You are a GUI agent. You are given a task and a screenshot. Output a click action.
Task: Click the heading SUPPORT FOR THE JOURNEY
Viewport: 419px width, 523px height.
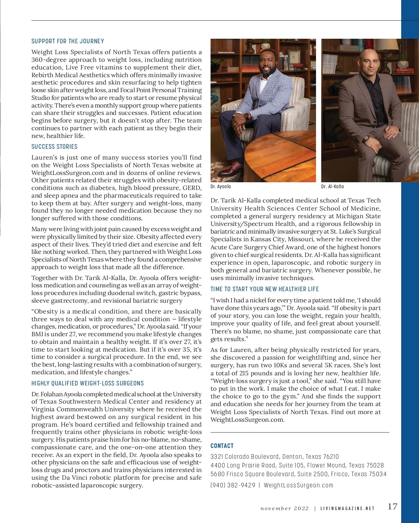pos(68,41)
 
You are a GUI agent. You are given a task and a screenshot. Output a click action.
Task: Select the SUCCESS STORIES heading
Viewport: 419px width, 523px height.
pos(54,147)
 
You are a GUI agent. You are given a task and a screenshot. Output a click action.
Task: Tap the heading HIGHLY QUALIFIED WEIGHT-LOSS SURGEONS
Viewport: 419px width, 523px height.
pos(88,383)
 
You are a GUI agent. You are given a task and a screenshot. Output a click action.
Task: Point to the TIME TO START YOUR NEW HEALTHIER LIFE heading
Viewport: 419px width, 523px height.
pos(265,289)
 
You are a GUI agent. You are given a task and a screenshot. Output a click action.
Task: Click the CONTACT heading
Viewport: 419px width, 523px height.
pos(222,446)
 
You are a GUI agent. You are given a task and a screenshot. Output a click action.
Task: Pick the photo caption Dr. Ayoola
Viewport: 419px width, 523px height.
pos(221,186)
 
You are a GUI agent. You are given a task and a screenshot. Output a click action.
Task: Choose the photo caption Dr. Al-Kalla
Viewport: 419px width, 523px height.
pos(332,186)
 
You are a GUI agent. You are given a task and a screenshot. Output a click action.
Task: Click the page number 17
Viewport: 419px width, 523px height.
pos(392,507)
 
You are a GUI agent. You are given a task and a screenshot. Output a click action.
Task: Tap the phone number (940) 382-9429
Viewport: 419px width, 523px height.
pos(233,485)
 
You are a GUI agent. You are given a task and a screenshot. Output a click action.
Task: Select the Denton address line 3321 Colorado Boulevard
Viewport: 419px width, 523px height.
pos(274,457)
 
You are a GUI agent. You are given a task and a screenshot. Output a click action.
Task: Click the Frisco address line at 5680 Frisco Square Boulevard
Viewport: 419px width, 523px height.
pos(299,474)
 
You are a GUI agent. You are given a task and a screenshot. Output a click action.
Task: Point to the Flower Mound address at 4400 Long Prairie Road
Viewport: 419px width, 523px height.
pos(297,465)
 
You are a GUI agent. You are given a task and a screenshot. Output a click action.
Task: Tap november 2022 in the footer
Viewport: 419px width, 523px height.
pos(285,509)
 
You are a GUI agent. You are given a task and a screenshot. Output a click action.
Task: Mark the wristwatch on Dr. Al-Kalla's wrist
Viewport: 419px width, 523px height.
pos(366,138)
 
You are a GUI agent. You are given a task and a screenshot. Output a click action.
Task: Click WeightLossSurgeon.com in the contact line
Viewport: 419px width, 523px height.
pos(299,485)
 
